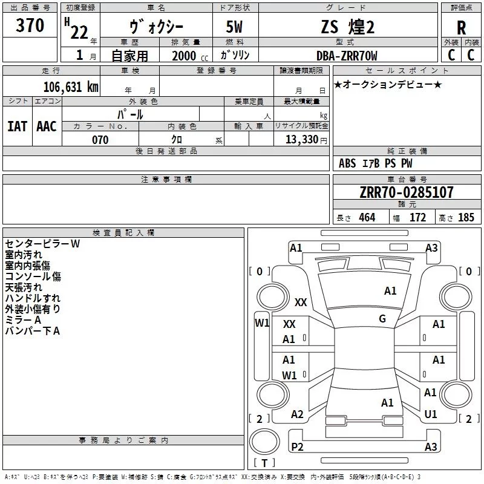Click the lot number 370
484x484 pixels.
[x=30, y=25]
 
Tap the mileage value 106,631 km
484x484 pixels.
[x=71, y=87]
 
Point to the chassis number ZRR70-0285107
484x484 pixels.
[x=406, y=192]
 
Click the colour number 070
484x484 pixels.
[x=100, y=140]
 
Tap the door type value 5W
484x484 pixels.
[x=235, y=27]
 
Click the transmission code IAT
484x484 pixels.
[x=17, y=126]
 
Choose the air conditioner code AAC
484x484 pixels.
[x=47, y=126]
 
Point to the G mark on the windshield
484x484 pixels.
[x=382, y=319]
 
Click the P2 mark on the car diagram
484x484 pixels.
[x=297, y=446]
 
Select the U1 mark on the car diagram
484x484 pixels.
[x=431, y=414]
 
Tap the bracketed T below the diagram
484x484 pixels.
[x=264, y=463]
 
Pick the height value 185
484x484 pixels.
[x=466, y=218]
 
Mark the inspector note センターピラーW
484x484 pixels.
[x=42, y=244]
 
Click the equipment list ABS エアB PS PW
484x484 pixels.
[x=376, y=163]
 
